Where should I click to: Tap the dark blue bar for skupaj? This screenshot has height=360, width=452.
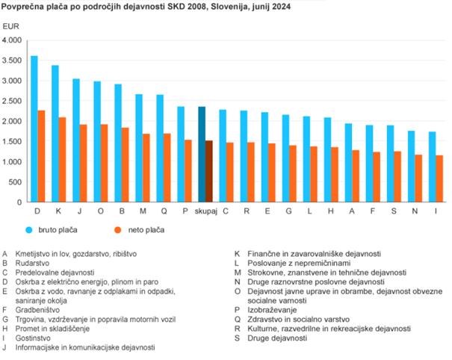tap(201, 154)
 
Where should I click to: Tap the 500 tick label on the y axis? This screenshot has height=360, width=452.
tap(16, 181)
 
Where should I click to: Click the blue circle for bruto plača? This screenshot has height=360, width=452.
tap(30, 230)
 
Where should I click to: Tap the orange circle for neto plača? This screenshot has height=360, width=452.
tap(119, 230)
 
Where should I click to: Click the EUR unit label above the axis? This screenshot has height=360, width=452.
tap(12, 26)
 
